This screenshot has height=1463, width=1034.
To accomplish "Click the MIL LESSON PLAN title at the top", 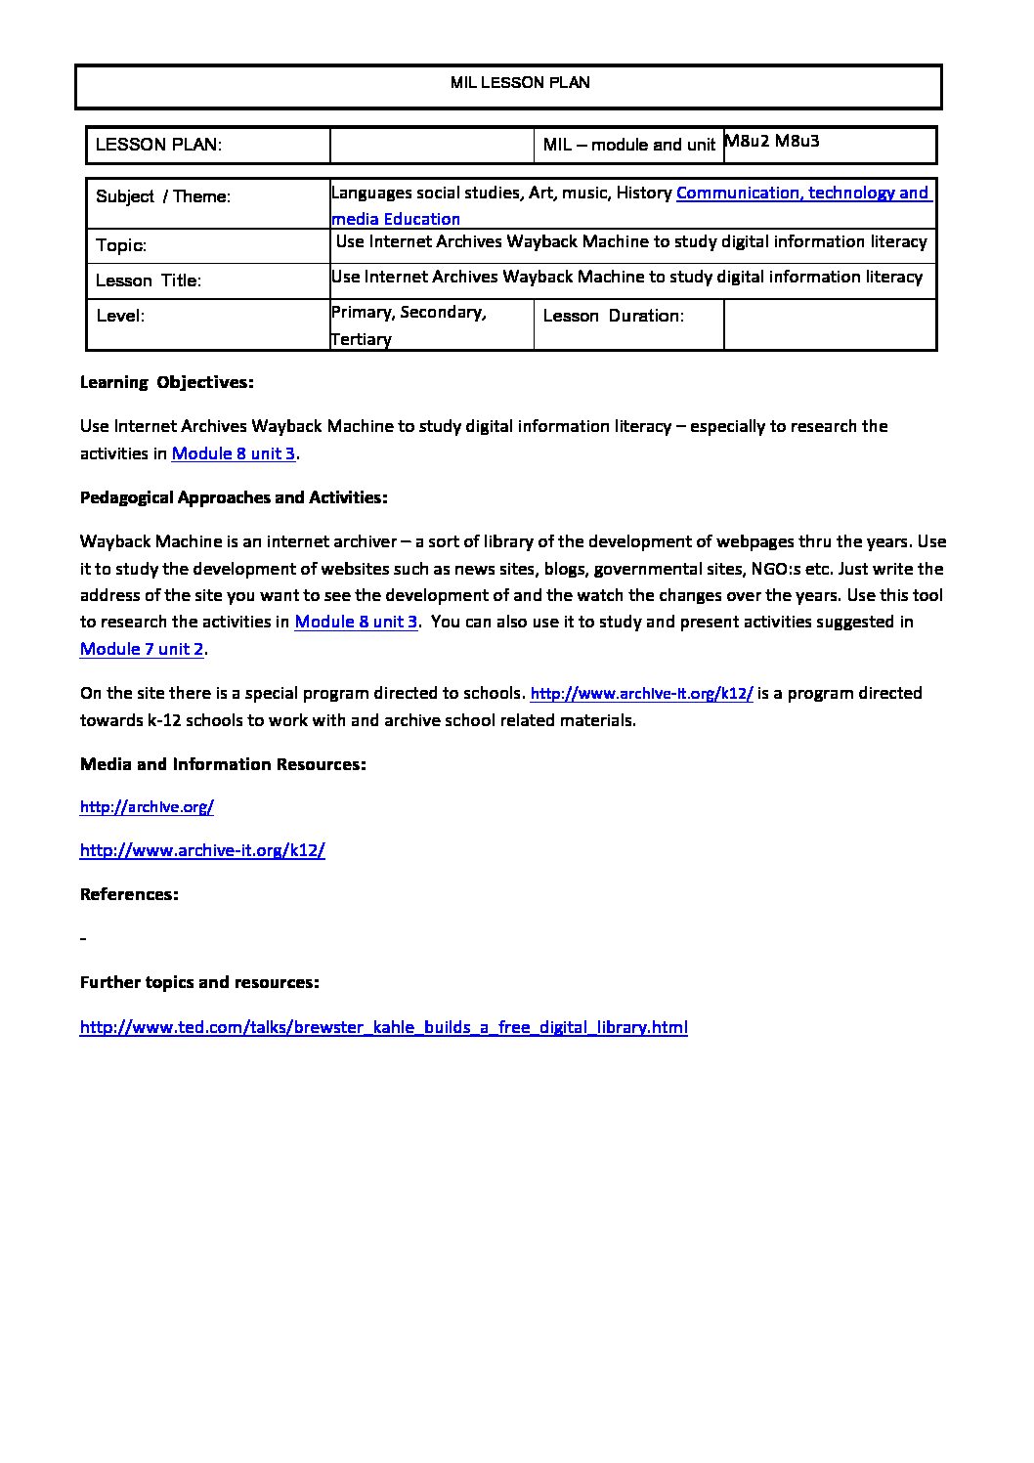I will coord(520,83).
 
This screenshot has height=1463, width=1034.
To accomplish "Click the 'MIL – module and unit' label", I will coord(629,146).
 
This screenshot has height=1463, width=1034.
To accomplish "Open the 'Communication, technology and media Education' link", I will coord(801,194).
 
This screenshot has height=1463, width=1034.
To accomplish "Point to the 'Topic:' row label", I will coord(121,245).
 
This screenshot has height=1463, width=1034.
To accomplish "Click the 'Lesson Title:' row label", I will coord(149,280).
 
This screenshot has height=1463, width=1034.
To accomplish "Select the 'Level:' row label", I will coord(120,316).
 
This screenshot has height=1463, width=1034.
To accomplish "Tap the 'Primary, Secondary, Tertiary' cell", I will coord(409,325).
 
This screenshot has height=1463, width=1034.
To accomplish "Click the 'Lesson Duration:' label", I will coord(613,316).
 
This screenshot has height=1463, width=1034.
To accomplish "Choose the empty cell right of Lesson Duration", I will coord(830,323).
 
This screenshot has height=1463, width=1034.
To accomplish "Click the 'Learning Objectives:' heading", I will coord(166,382).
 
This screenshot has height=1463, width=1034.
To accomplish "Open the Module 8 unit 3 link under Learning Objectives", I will coord(234,453).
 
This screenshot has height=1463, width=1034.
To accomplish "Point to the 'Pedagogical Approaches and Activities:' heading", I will coord(234,497).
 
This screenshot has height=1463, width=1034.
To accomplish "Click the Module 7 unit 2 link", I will coord(142,649).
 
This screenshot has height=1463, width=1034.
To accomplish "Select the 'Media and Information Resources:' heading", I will coord(223,764).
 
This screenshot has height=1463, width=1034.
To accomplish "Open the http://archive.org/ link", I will coord(147,807).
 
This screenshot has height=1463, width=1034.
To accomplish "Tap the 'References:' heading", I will coord(129,894).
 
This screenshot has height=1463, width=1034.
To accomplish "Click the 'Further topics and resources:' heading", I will coord(199,982).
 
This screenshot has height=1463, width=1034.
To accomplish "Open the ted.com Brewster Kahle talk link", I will coord(383,1027).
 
